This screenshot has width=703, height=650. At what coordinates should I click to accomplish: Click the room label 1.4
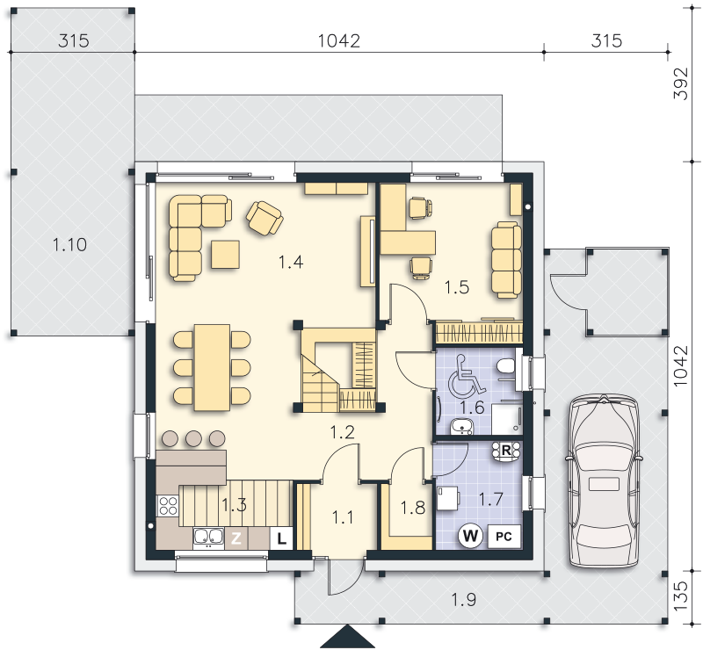coord(291,262)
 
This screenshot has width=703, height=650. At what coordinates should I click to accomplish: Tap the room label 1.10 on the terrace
coord(69,245)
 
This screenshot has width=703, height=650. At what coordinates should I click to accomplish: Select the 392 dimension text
coord(681,83)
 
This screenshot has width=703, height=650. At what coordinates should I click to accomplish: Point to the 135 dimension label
coord(681,596)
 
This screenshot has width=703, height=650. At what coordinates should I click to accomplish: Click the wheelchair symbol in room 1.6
coord(467,377)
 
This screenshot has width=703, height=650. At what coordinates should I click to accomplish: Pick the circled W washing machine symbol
coord(470,536)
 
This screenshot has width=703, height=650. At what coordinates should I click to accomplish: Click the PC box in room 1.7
coord(504,536)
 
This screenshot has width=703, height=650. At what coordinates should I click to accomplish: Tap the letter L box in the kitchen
coord(281,538)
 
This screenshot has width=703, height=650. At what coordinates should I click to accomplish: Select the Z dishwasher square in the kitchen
coord(236,538)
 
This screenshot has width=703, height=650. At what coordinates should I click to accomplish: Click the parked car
coord(604,480)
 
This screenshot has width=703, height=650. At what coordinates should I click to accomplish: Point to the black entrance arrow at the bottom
coord(347,638)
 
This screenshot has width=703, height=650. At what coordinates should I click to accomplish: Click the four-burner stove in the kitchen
coord(168,506)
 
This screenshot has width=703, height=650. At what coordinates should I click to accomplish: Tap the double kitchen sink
coord(208,538)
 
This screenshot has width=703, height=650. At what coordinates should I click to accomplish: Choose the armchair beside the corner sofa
coord(265,218)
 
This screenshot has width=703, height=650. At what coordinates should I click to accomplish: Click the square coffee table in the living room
coord(225,254)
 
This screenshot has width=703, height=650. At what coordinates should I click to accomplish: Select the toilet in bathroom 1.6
coord(507,366)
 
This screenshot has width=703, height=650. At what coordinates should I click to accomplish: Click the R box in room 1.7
coord(506,451)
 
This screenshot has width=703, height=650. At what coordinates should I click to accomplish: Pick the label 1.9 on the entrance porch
coord(463,599)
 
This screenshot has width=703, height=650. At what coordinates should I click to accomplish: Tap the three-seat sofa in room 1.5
coord(507,259)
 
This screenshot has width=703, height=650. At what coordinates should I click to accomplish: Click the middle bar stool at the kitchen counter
coord(193,438)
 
